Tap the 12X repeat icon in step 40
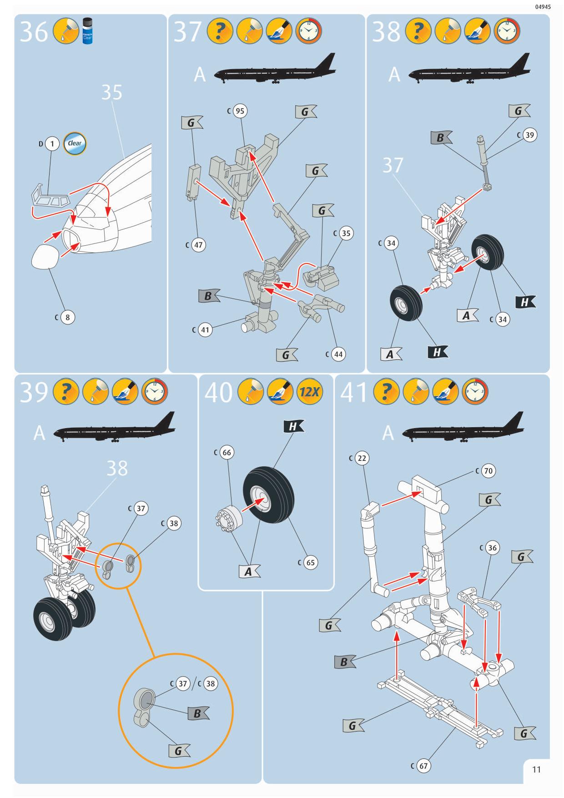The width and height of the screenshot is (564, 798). [x=309, y=392]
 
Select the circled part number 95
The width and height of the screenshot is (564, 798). [x=240, y=111]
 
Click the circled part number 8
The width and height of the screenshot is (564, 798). [x=67, y=317]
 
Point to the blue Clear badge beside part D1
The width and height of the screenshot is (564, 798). [x=75, y=143]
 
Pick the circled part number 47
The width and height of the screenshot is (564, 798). [x=198, y=245]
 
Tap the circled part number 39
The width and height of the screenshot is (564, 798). [x=529, y=135]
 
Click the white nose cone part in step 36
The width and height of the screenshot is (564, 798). [x=45, y=257]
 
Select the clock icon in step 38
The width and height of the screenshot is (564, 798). [x=506, y=31]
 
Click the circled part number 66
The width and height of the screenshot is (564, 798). [x=227, y=452]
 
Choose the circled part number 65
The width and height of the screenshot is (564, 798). [x=310, y=562]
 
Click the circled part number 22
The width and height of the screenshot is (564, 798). [x=362, y=458]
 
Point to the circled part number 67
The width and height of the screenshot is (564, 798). [x=423, y=766]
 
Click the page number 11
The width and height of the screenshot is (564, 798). [x=536, y=769]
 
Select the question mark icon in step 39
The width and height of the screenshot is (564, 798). [x=66, y=392]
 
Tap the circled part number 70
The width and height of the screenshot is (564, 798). [x=488, y=471]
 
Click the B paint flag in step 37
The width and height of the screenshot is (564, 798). [x=209, y=296]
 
